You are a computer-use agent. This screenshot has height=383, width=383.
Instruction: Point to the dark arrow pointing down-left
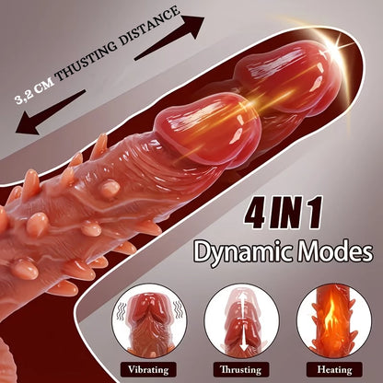coord(50,112)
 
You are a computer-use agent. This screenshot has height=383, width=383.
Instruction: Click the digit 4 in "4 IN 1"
coord(256,213)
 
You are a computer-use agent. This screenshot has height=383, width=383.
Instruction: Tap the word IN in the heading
coord(287,213)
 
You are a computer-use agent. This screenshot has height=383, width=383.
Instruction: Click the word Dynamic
coord(244,252)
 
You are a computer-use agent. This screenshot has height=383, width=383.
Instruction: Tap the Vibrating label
coord(148,370)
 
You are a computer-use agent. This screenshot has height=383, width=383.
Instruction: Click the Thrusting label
coord(241,370)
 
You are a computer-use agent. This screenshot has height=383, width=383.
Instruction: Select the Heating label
coord(334,370)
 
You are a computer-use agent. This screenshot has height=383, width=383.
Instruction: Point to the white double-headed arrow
coord(244,319)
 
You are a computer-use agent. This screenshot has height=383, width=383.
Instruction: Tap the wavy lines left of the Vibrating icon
coord(122,311)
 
